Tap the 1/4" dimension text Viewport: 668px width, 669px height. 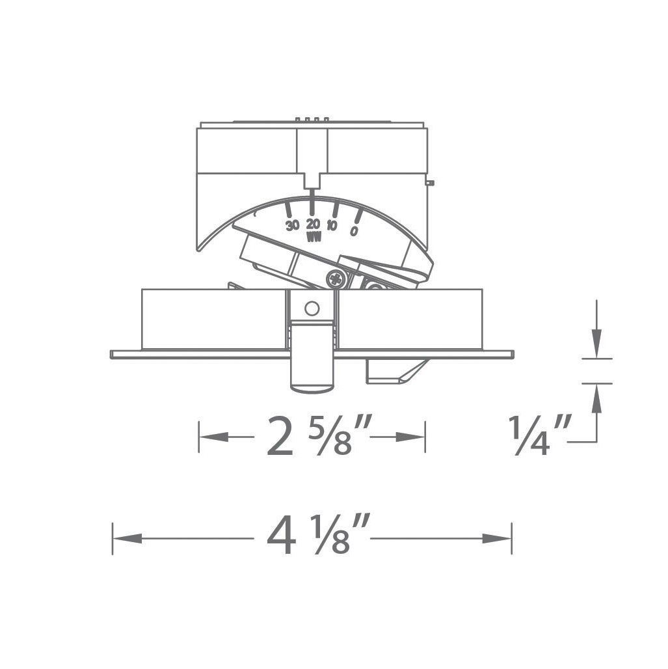[x=539, y=435]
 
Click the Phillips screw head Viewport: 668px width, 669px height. [x=336, y=279]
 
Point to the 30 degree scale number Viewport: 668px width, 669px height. [x=292, y=225]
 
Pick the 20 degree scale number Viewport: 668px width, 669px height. [x=313, y=224]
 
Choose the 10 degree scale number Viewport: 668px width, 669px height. [x=332, y=226]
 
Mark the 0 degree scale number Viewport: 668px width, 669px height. [x=354, y=231]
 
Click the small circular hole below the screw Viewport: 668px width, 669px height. [x=312, y=308]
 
